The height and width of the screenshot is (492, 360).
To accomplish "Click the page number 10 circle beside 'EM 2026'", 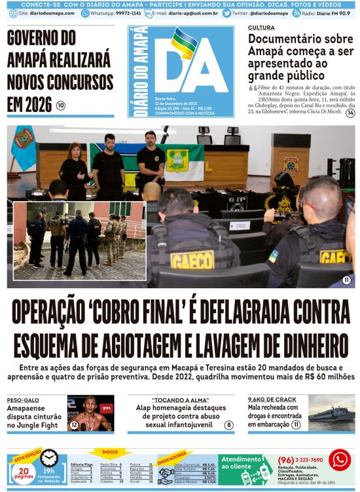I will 60,105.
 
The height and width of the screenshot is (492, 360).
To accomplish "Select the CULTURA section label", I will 261,28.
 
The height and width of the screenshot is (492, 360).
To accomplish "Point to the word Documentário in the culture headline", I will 283,39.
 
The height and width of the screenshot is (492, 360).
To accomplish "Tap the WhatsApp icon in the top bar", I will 85,13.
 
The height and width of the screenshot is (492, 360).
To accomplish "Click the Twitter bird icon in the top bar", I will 226,13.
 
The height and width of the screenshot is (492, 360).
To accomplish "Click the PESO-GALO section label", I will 23,400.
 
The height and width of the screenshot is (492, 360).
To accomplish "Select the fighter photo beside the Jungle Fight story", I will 91,413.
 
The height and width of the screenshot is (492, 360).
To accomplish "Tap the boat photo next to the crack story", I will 331,413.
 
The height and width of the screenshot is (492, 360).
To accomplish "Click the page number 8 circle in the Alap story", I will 228,425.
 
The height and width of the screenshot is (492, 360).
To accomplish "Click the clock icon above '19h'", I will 49,457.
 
